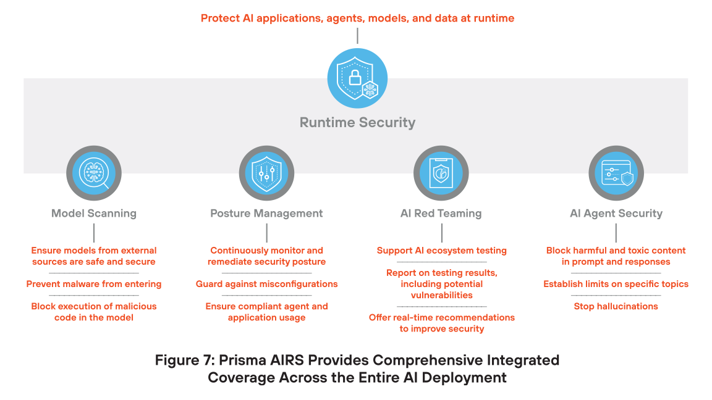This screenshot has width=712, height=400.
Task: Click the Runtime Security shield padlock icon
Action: click(357, 78)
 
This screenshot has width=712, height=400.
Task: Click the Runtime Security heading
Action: click(357, 122)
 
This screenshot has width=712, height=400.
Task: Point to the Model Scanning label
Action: click(94, 214)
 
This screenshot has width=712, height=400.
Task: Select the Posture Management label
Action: click(266, 214)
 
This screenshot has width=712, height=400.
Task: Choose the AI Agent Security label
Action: click(616, 214)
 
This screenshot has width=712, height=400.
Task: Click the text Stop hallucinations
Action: click(616, 306)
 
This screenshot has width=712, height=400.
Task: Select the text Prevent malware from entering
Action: click(94, 284)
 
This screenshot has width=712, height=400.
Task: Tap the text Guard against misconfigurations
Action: click(266, 284)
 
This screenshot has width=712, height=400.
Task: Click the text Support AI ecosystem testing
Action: click(441, 251)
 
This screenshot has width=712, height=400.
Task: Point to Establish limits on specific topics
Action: click(616, 284)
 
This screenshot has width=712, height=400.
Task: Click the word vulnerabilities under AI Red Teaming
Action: click(441, 295)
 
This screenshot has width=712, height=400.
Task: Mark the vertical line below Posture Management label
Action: click(267, 233)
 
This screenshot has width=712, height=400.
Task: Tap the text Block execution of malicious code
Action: click(94, 312)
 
